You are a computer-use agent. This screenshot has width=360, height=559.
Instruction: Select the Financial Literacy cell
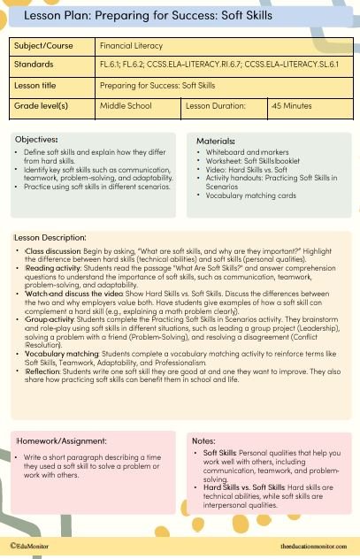click(131, 45)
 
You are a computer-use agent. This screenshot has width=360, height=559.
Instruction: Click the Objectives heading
click(37, 139)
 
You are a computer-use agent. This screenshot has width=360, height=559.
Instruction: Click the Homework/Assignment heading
click(58, 440)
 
